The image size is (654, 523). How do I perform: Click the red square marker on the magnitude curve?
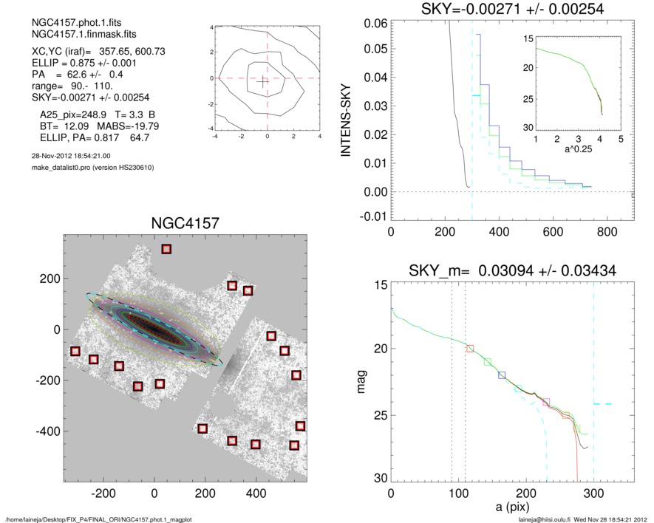[470, 348]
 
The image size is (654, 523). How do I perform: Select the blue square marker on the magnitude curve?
[502, 375]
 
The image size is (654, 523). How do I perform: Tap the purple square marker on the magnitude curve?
[546, 402]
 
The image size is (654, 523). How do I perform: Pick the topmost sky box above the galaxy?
[166, 249]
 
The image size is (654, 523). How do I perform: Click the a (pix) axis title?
[511, 509]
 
